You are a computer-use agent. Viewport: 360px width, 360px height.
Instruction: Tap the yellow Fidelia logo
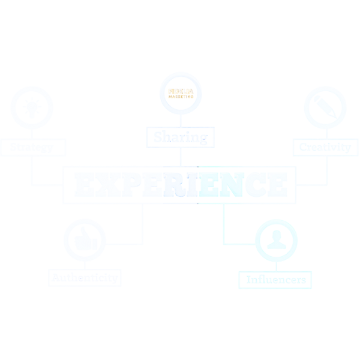[179, 94]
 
